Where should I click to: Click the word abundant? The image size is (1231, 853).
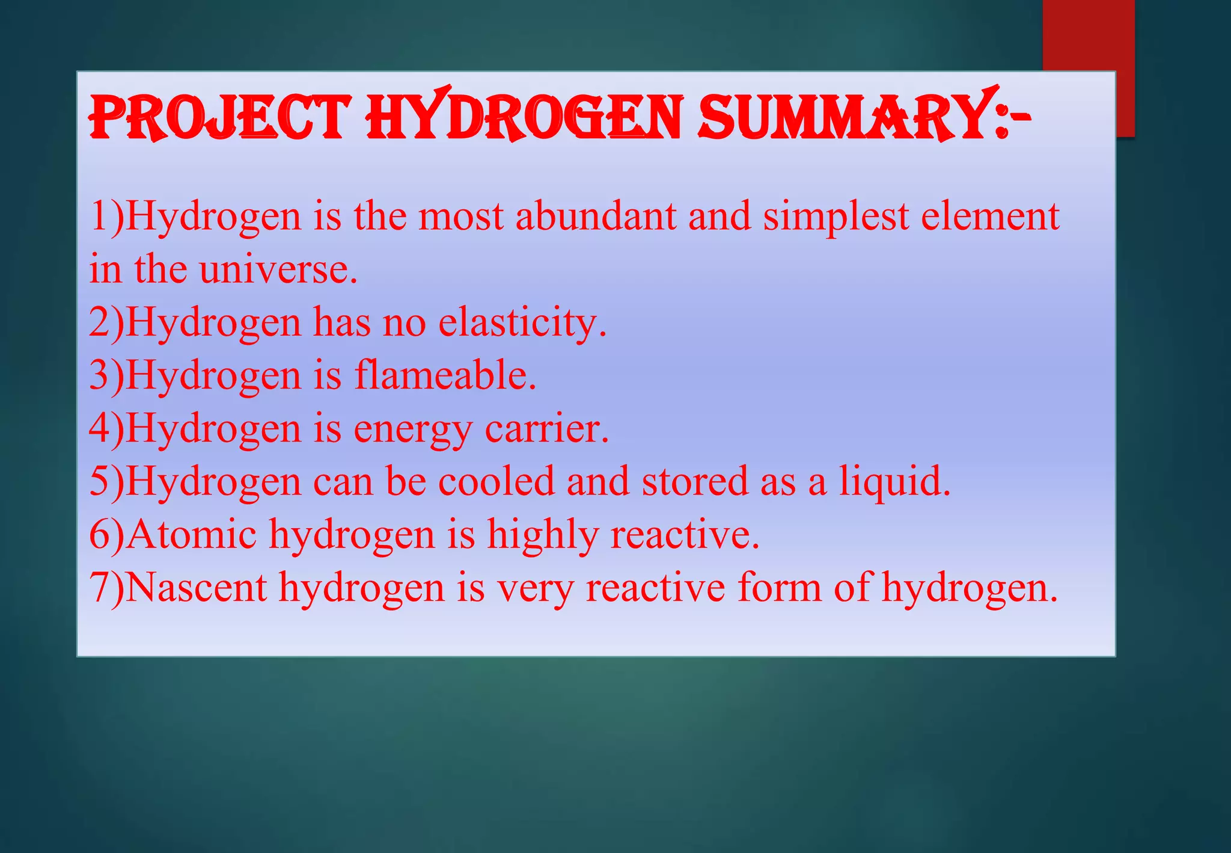[x=596, y=216]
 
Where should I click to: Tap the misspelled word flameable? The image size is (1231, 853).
[x=445, y=375]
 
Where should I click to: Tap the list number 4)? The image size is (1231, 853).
[x=106, y=429]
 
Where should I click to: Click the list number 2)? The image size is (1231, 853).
[x=106, y=323]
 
